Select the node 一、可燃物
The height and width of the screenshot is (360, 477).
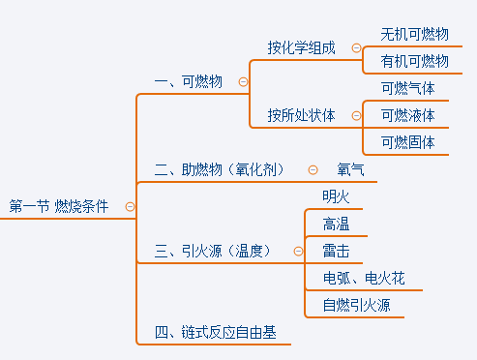click(189, 81)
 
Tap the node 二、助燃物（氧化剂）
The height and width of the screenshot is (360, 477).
click(220, 169)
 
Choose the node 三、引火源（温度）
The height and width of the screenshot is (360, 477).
click(220, 252)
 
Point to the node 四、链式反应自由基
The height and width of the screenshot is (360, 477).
click(215, 333)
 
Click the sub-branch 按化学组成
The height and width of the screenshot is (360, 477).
click(302, 47)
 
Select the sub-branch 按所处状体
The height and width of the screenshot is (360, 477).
click(302, 115)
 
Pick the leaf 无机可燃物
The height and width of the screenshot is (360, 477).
click(415, 34)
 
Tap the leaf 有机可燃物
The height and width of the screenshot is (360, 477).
click(415, 61)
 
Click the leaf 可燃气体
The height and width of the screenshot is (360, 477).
click(408, 88)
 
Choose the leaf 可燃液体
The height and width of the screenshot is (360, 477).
click(408, 115)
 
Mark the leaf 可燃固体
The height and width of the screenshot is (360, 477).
click(408, 142)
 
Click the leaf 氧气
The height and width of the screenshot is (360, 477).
click(350, 169)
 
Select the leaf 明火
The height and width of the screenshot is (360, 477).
click(337, 196)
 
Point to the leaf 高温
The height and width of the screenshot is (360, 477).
click(337, 225)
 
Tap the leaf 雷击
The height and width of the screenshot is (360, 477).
click(337, 252)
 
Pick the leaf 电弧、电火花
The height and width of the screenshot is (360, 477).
click(364, 279)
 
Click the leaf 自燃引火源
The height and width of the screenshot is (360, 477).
click(357, 306)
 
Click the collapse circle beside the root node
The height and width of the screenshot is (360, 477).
click(130, 206)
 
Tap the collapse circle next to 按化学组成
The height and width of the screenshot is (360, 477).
click(356, 47)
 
